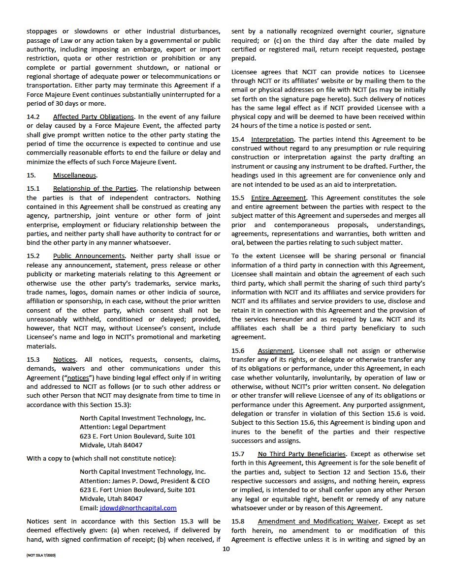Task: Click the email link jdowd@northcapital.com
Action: [x=138, y=508]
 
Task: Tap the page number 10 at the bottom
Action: [x=226, y=549]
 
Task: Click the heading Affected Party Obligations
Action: [x=93, y=117]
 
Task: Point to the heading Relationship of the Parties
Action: [x=95, y=189]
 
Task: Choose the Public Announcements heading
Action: [x=89, y=256]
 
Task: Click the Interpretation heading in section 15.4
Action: [x=272, y=139]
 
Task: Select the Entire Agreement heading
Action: [x=279, y=198]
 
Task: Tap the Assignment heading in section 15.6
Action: [x=275, y=350]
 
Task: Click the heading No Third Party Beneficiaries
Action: [x=301, y=454]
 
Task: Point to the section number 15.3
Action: [x=33, y=359]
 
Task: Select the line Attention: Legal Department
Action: [x=123, y=427]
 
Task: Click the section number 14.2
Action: [x=33, y=117]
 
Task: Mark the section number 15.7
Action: [x=238, y=454]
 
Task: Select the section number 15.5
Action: [x=238, y=198]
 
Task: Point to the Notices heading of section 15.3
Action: [x=64, y=359]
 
